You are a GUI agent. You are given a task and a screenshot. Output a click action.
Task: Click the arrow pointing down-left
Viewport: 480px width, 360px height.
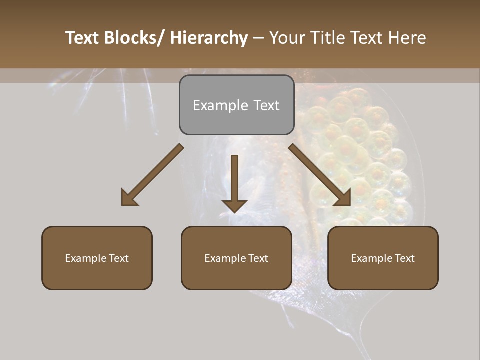152,175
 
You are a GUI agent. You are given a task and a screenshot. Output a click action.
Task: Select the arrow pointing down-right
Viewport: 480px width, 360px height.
320,175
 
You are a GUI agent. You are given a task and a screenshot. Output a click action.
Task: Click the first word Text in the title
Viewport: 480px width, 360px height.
83,38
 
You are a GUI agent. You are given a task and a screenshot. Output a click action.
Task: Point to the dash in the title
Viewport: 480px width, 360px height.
258,38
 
